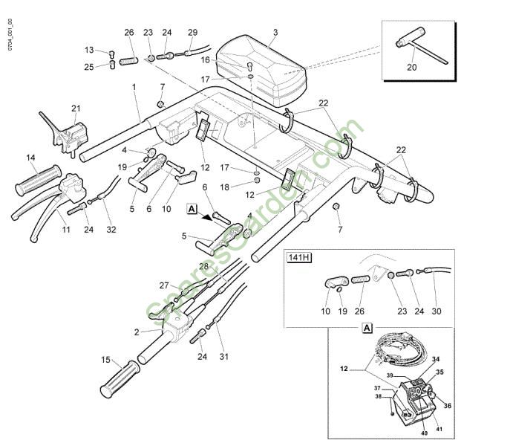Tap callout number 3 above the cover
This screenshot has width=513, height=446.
pos(275,33)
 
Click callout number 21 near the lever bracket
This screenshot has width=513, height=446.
pos(75,109)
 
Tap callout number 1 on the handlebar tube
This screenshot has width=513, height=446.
pos(134,87)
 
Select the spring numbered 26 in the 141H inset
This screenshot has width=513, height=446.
pos(359,280)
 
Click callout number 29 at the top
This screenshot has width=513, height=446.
pos(192,32)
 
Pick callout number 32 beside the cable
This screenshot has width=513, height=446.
pos(111,229)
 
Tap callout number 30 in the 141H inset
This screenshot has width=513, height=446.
pos(437,311)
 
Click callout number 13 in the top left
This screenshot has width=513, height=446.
pos(89,51)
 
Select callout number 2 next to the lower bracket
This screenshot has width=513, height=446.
pos(137,332)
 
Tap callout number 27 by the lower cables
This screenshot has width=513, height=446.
pos(164,285)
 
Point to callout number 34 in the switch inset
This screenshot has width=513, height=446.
pos(436,359)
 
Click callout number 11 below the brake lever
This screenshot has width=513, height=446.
pos(66,229)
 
